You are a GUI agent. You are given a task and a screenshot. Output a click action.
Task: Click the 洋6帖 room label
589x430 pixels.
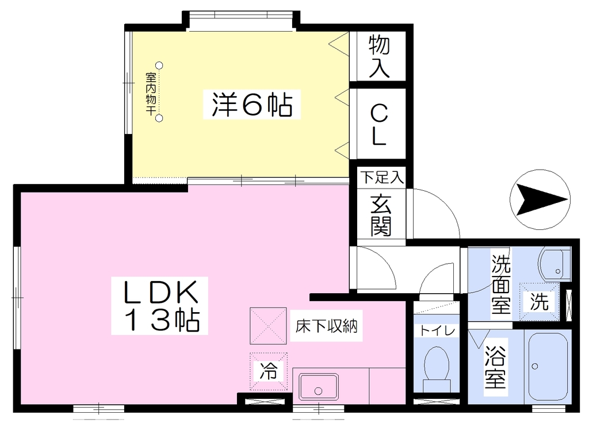(252, 105)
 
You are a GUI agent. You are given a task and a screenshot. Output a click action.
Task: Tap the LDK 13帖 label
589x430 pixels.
(160, 305)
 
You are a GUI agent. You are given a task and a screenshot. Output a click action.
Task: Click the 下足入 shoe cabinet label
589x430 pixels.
(382, 177)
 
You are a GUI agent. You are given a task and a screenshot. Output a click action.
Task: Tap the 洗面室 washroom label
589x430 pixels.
(501, 285)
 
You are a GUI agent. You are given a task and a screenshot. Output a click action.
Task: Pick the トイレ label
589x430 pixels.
(437, 331)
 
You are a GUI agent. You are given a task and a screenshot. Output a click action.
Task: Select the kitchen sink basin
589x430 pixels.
(318, 387)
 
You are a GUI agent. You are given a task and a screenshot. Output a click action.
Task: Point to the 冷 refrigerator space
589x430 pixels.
(269, 371)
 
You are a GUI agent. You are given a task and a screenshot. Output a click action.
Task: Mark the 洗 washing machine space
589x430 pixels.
(540, 302)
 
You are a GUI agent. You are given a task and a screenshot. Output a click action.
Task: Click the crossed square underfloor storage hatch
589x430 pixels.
(268, 326)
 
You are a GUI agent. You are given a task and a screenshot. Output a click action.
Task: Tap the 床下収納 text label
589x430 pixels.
(326, 326)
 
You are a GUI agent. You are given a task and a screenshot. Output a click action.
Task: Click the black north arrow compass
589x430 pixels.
(540, 199)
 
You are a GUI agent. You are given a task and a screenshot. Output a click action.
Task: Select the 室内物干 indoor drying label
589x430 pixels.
(151, 94)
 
